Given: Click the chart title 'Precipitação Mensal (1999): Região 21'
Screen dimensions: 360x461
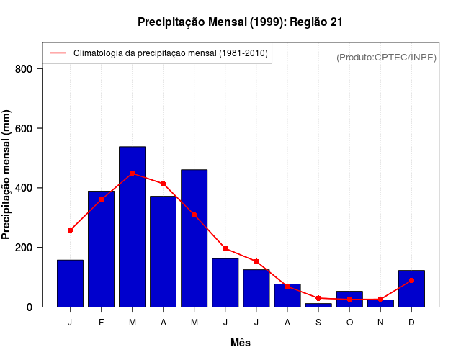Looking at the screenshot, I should pos(240,22).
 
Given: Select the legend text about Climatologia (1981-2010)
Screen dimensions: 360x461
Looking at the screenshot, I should pos(170,53).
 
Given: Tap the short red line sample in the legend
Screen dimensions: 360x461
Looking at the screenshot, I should pos(58,53).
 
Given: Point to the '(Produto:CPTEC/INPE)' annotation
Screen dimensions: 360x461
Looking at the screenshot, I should pos(387,57).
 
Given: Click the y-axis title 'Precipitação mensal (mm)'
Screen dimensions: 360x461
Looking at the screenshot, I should pos(7,175).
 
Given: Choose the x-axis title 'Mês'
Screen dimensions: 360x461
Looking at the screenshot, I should pos(241,343).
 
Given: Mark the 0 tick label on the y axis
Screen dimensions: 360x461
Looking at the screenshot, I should pos(30,307).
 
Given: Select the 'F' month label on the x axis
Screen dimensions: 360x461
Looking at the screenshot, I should pos(102,322).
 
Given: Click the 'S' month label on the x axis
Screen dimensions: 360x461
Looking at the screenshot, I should pos(318,322).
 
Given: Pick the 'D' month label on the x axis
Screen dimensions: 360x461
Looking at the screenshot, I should pos(411,322).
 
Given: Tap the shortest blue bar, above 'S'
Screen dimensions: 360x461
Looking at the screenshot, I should pos(318,305).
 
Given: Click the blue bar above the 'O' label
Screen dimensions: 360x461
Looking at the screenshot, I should pos(349,300).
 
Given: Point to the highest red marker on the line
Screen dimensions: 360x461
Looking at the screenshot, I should pos(133,174).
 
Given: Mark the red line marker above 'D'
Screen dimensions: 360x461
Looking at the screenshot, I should pos(411,280).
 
